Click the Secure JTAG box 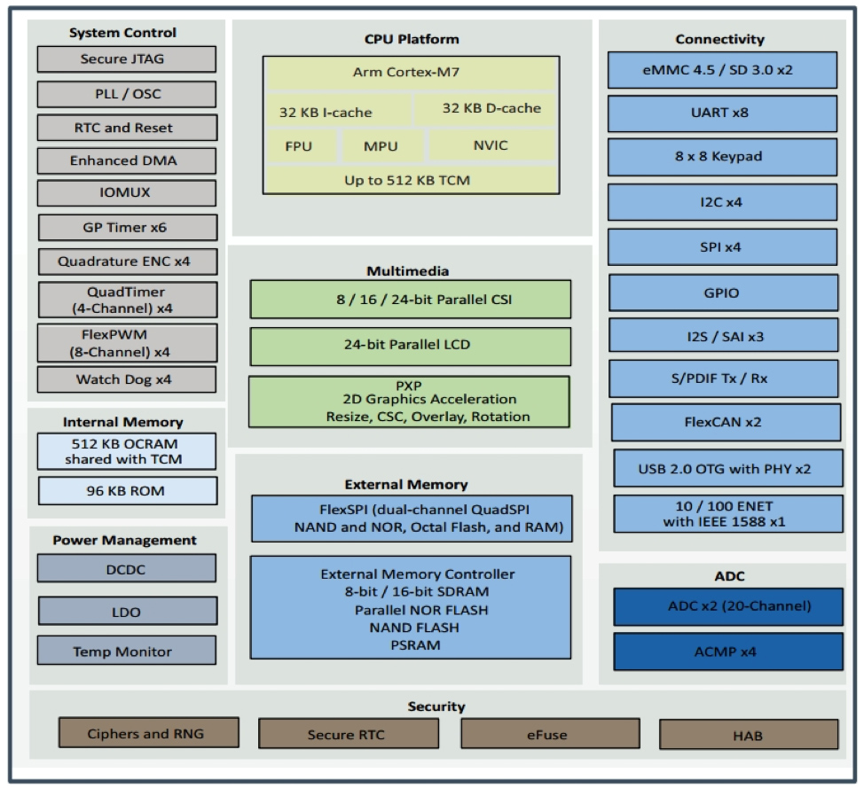coord(126,59)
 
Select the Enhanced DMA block coord(126,160)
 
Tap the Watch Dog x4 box coord(126,379)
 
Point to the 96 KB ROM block coord(126,490)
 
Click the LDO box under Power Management coord(126,612)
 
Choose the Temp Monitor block coord(126,651)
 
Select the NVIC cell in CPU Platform coord(491,144)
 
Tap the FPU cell coord(299,146)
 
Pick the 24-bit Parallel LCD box coord(410,346)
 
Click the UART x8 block coord(721,113)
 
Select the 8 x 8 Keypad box coord(721,157)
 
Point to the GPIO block coord(721,293)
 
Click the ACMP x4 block coord(727,651)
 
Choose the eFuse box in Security coord(548,734)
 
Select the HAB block coord(748,735)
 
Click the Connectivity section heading coord(719,39)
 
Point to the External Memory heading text coord(405,485)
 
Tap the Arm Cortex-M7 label coord(410,73)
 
